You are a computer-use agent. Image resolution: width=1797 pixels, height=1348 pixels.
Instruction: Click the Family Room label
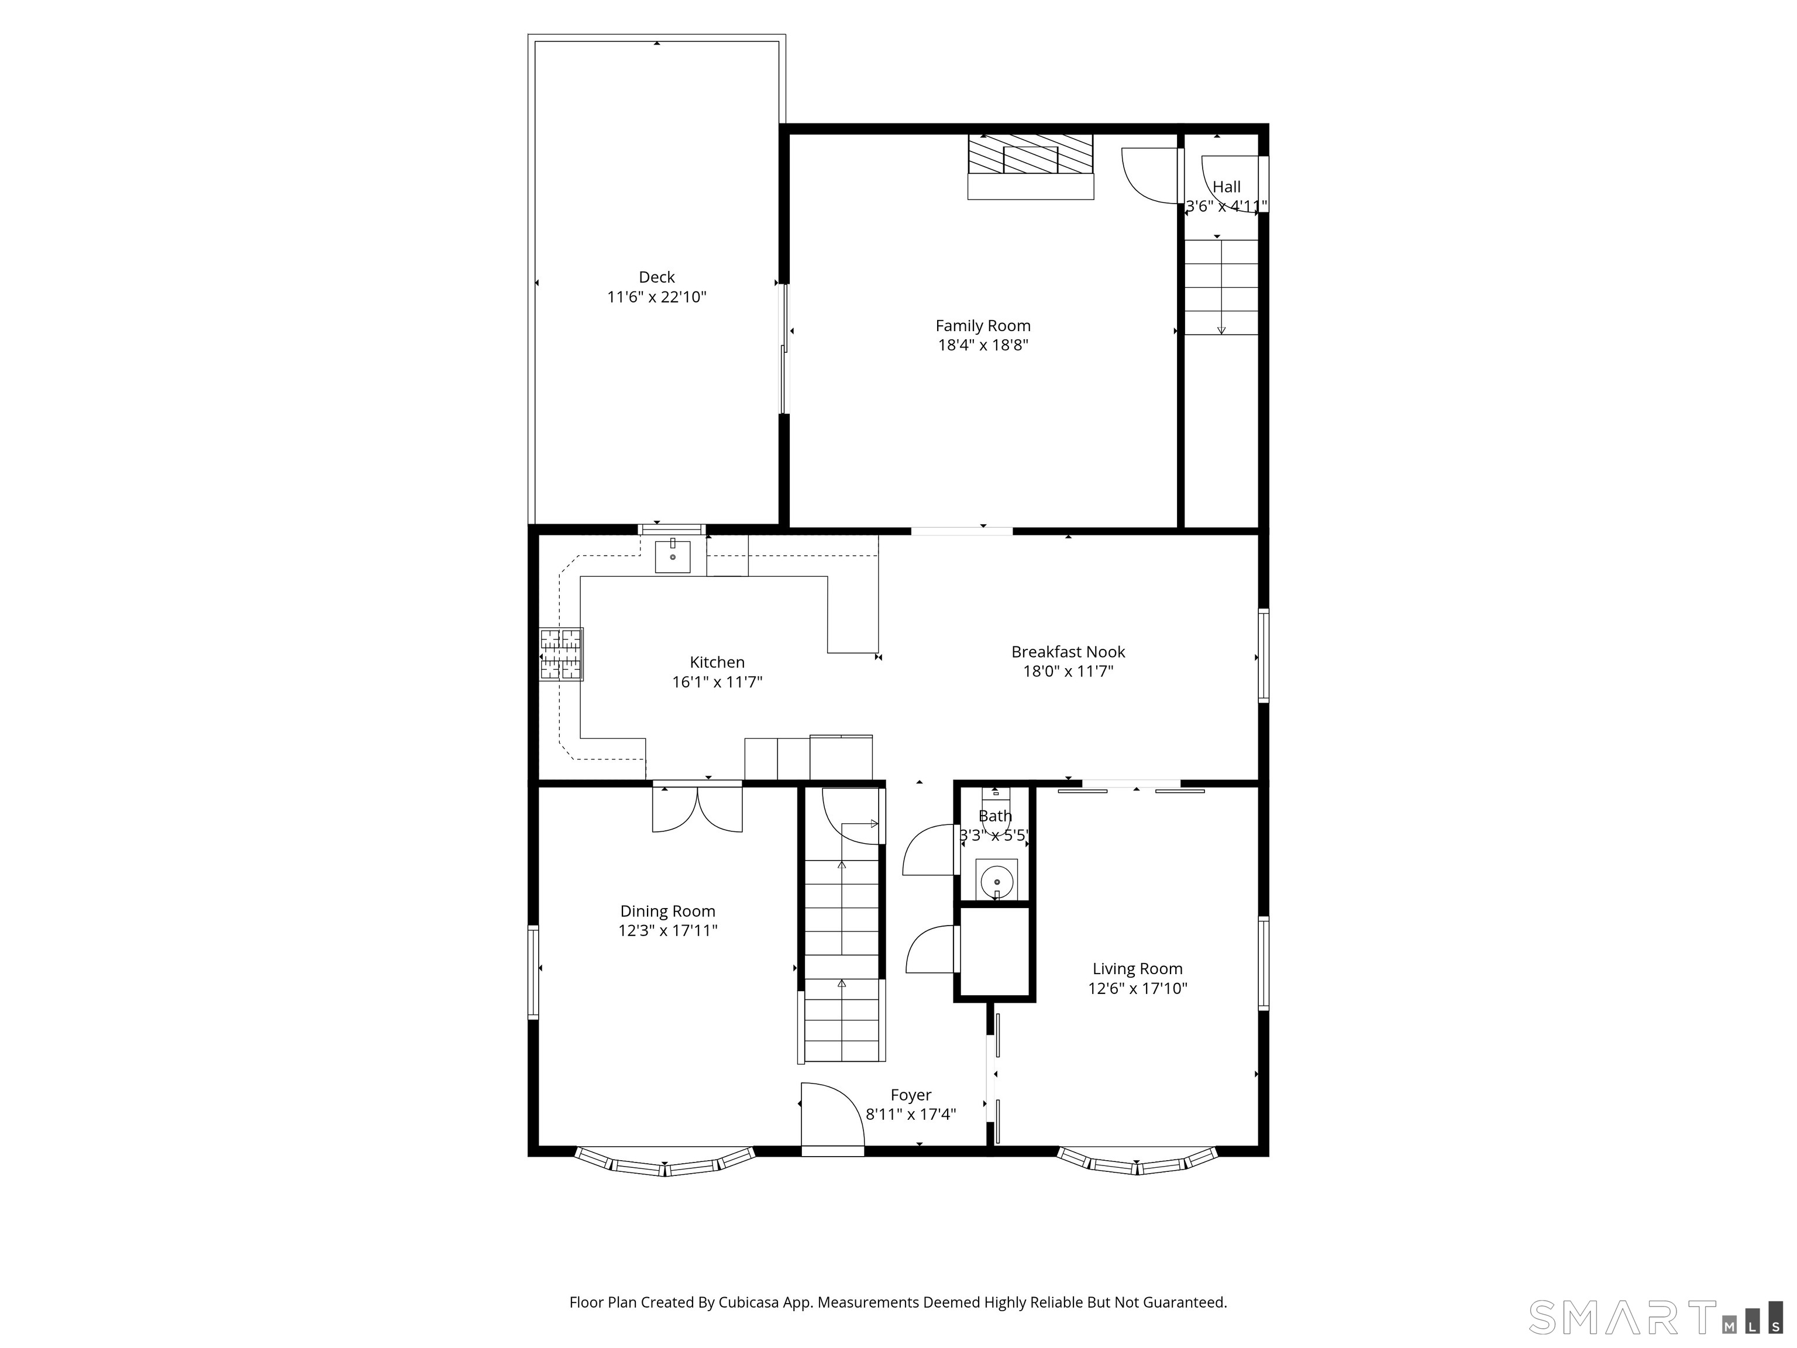pyautogui.click(x=983, y=326)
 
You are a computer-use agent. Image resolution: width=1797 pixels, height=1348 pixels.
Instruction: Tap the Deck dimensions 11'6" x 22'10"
pyautogui.click(x=656, y=297)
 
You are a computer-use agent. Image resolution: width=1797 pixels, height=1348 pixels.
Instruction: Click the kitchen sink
pyautogui.click(x=673, y=556)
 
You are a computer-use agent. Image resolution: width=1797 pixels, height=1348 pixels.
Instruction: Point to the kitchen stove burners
pyautogui.click(x=562, y=654)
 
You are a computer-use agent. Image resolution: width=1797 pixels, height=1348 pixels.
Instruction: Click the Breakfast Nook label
pyautogui.click(x=1068, y=652)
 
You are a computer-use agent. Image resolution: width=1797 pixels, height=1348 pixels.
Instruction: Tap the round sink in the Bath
pyautogui.click(x=997, y=881)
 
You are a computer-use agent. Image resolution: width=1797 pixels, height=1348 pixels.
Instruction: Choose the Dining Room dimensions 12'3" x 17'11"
pyautogui.click(x=668, y=930)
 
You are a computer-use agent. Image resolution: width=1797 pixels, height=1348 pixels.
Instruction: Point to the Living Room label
pyautogui.click(x=1137, y=968)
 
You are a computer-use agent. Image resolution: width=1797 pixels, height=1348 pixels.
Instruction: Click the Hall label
pyautogui.click(x=1227, y=187)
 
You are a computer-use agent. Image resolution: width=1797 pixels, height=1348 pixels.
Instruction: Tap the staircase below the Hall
pyautogui.click(x=1221, y=287)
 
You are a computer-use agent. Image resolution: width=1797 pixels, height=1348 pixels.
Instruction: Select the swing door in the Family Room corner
pyautogui.click(x=1149, y=176)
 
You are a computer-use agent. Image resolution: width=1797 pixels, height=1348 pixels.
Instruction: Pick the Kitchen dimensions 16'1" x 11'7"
pyautogui.click(x=717, y=682)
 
